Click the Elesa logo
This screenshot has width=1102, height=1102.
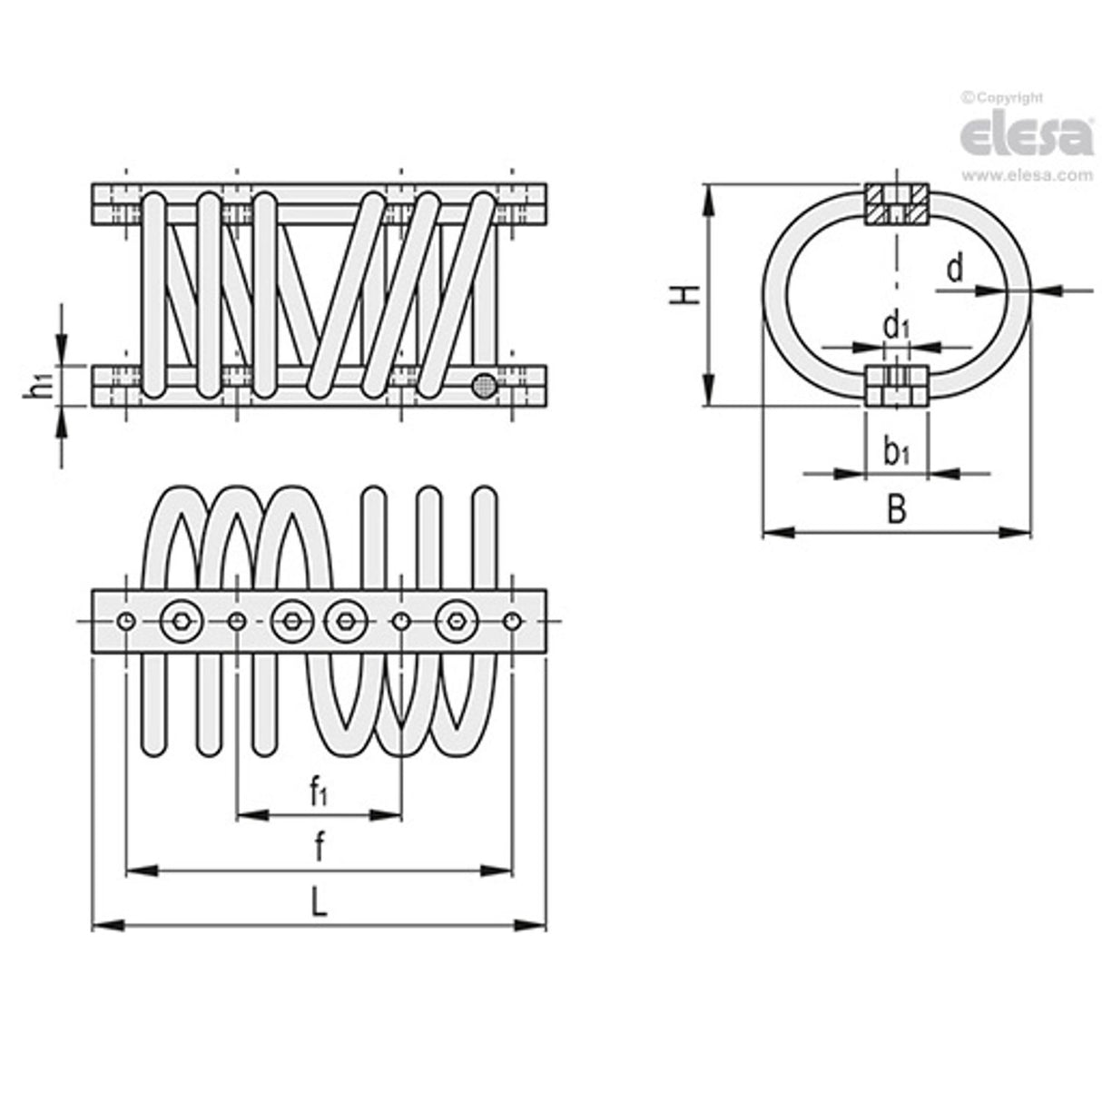(1026, 136)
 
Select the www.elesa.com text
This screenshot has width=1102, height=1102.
(1027, 176)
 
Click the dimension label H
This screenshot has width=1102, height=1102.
(689, 294)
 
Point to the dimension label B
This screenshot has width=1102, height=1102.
(896, 510)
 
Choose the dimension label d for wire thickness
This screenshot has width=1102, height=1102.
(954, 269)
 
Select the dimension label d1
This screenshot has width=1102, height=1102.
(897, 324)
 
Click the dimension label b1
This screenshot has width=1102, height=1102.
(897, 449)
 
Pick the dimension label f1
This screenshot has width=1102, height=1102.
(318, 792)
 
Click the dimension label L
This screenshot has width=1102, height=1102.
(318, 902)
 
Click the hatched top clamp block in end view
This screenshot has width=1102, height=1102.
(895, 205)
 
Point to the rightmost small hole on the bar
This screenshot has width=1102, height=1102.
(514, 621)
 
